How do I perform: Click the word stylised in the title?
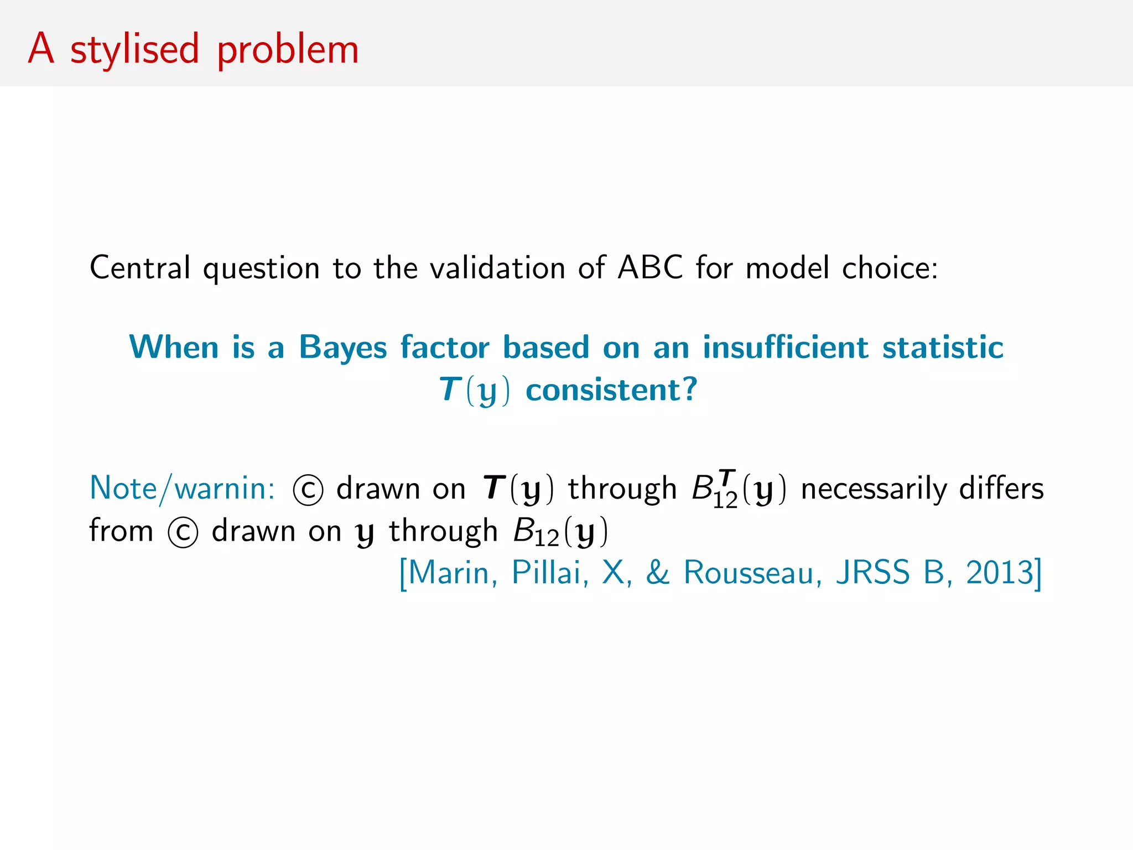coord(134,50)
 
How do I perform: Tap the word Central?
coord(140,268)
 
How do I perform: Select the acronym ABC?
coord(650,268)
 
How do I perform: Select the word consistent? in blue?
coord(611,390)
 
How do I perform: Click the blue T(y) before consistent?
coord(474,390)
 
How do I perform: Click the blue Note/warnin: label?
coord(182,489)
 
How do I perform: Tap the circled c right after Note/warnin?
coord(308,490)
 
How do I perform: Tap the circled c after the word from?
coord(183,532)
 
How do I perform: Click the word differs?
coord(1001,489)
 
